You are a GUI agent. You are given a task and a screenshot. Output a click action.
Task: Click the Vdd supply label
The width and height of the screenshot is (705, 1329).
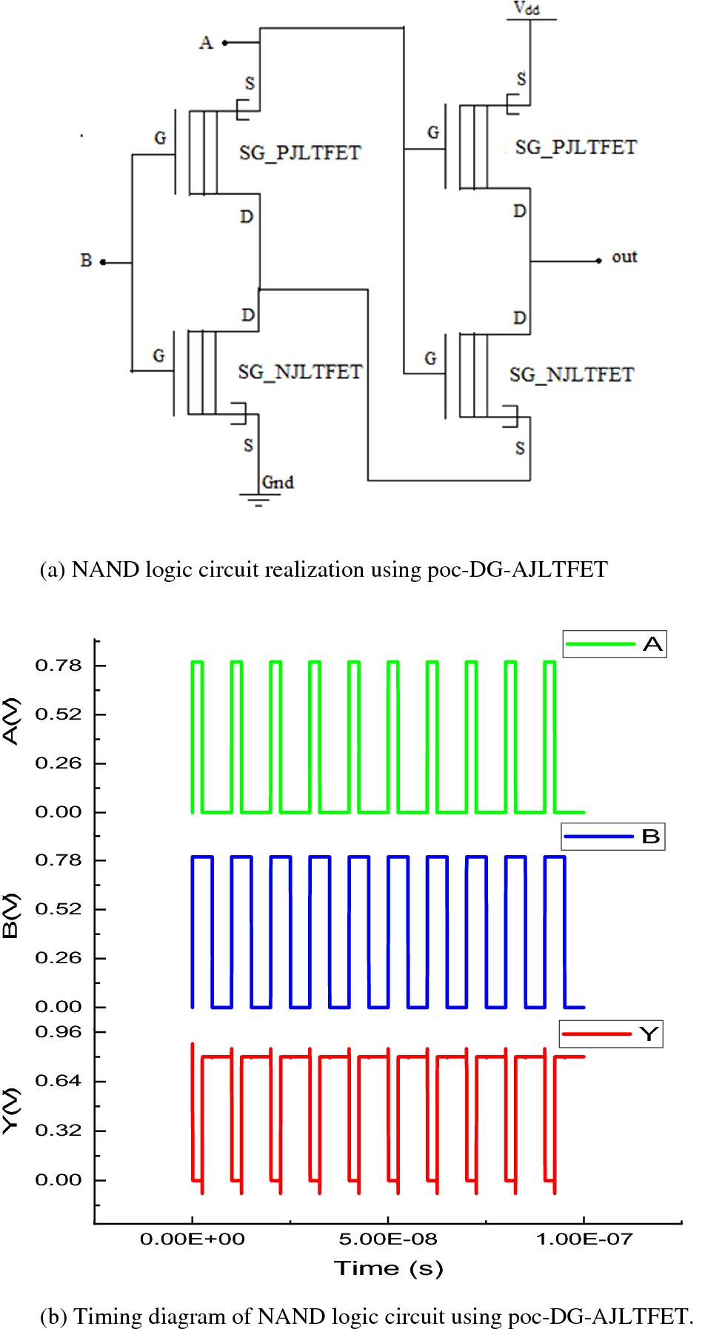coord(527,8)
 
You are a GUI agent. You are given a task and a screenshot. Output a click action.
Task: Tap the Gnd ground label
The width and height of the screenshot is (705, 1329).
coord(278,483)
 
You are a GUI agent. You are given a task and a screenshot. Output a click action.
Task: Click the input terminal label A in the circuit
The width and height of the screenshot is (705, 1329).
coord(206,43)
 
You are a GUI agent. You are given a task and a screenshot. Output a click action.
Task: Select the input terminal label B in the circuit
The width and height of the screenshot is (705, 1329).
coord(87,261)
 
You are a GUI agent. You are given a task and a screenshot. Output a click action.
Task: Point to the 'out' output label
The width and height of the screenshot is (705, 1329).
coord(624,257)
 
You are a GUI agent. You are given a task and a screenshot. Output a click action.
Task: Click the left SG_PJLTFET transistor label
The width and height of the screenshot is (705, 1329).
coord(300,153)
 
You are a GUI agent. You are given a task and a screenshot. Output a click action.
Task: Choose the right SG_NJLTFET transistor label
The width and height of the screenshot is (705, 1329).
coord(572,375)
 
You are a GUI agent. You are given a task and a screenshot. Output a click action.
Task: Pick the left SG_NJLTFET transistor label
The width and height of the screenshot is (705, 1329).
coord(300,372)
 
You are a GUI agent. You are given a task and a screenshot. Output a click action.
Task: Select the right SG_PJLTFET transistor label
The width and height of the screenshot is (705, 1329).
coord(576,147)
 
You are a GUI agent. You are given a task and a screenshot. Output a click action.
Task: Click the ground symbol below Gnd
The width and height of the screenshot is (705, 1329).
coord(258,500)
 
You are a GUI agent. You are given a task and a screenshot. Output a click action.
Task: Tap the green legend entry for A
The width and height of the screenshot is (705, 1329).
coord(615,644)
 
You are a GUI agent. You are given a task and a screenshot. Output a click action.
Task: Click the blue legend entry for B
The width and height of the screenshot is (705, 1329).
coord(613,837)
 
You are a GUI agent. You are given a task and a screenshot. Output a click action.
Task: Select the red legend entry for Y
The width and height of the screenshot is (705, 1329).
coord(611,1034)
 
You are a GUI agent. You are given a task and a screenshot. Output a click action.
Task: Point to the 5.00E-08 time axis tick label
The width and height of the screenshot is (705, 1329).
coord(388,1239)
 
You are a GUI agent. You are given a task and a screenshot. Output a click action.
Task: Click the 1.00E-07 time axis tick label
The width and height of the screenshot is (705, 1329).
coord(584,1239)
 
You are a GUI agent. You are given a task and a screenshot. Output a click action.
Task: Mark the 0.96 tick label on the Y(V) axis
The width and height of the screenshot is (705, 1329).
coord(59,1032)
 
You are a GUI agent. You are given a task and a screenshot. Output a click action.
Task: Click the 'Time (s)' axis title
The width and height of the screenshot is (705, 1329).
coord(389,1268)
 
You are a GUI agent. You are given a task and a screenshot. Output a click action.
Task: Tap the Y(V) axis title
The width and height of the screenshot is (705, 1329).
coord(10,1111)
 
